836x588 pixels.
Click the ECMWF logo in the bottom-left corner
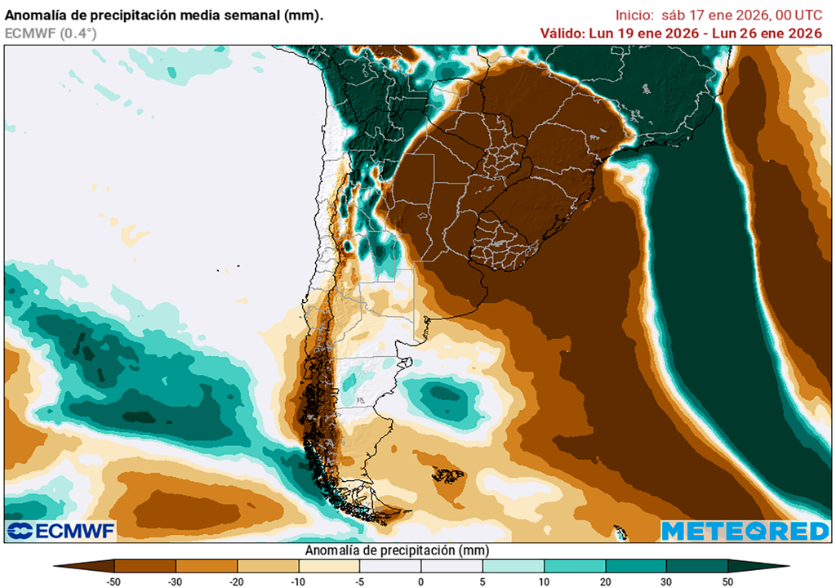point(61,531)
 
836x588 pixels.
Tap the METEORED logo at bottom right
point(745,531)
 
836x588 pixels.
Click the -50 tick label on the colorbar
point(114,581)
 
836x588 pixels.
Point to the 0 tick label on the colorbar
point(420,581)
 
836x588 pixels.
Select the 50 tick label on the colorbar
point(727,581)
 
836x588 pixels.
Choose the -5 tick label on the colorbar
point(359,581)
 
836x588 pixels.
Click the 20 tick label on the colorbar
point(605,581)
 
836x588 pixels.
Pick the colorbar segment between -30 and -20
point(207,565)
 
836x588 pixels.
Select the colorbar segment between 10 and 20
point(575,565)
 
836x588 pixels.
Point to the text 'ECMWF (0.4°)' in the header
point(51,33)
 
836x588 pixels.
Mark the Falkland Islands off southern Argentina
point(447,474)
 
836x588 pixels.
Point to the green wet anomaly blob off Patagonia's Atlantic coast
point(445,399)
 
